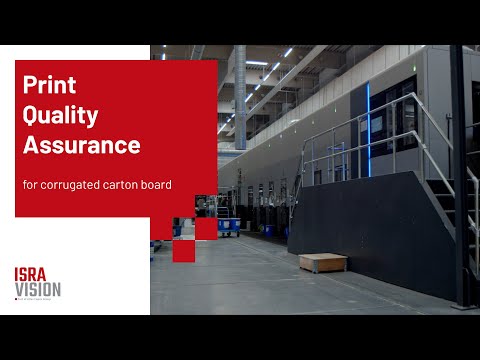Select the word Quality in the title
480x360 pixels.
(x=60, y=116)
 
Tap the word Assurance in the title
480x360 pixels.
(x=81, y=145)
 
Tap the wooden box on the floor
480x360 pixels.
(x=322, y=262)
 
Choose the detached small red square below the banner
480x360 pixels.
(x=183, y=251)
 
